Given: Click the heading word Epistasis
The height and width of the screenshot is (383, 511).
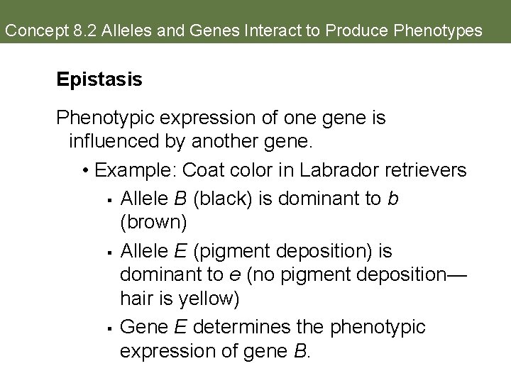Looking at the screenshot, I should click(99, 79).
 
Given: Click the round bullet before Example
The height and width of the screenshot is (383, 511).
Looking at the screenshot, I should click(85, 171).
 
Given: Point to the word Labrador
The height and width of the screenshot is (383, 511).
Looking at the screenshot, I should click(327, 170).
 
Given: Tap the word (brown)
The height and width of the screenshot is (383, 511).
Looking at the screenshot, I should click(153, 223).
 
